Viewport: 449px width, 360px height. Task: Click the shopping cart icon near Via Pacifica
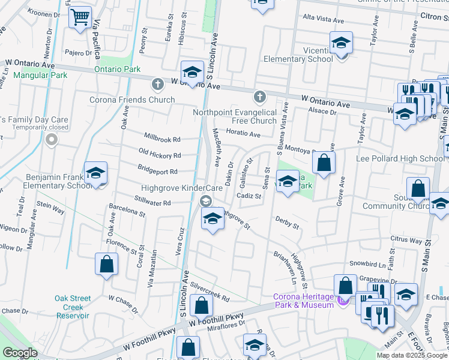80,17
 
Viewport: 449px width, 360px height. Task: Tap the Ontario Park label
117,69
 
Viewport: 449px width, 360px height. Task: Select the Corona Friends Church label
132,100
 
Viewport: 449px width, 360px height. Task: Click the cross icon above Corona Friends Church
157,84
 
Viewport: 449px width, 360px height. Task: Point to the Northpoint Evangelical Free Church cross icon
259,96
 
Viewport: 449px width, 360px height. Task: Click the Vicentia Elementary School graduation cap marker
341,44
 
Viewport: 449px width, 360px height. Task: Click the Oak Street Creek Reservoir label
73,307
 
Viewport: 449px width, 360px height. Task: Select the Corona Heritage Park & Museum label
303,301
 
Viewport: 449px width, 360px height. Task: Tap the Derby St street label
287,223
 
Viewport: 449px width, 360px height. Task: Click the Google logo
20,353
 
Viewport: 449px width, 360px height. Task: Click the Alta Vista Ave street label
323,20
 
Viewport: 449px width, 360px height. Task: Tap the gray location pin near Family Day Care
51,140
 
